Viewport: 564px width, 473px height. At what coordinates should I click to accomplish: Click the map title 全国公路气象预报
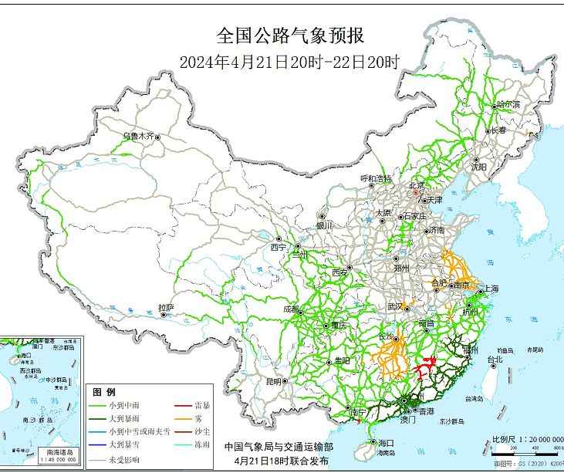coord(289,36)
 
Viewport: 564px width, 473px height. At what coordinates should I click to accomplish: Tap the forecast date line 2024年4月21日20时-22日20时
coord(289,63)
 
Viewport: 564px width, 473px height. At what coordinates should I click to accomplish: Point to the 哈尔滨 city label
coord(508,103)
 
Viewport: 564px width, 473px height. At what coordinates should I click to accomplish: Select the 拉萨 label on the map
coord(166,308)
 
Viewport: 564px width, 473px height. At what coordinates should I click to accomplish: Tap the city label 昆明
coord(273,381)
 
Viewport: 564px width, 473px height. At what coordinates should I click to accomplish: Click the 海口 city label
coord(386,443)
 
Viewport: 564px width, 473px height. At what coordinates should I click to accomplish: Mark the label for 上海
coord(491,289)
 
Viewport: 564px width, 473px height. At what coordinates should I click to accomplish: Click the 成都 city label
coord(292,309)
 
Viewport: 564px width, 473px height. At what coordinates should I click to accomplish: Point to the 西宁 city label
coord(278,248)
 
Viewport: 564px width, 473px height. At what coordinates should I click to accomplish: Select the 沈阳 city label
coord(478,167)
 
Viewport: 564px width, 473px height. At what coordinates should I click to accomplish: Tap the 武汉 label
coord(396,307)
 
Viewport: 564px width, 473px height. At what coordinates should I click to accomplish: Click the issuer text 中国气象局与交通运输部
coord(279,447)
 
